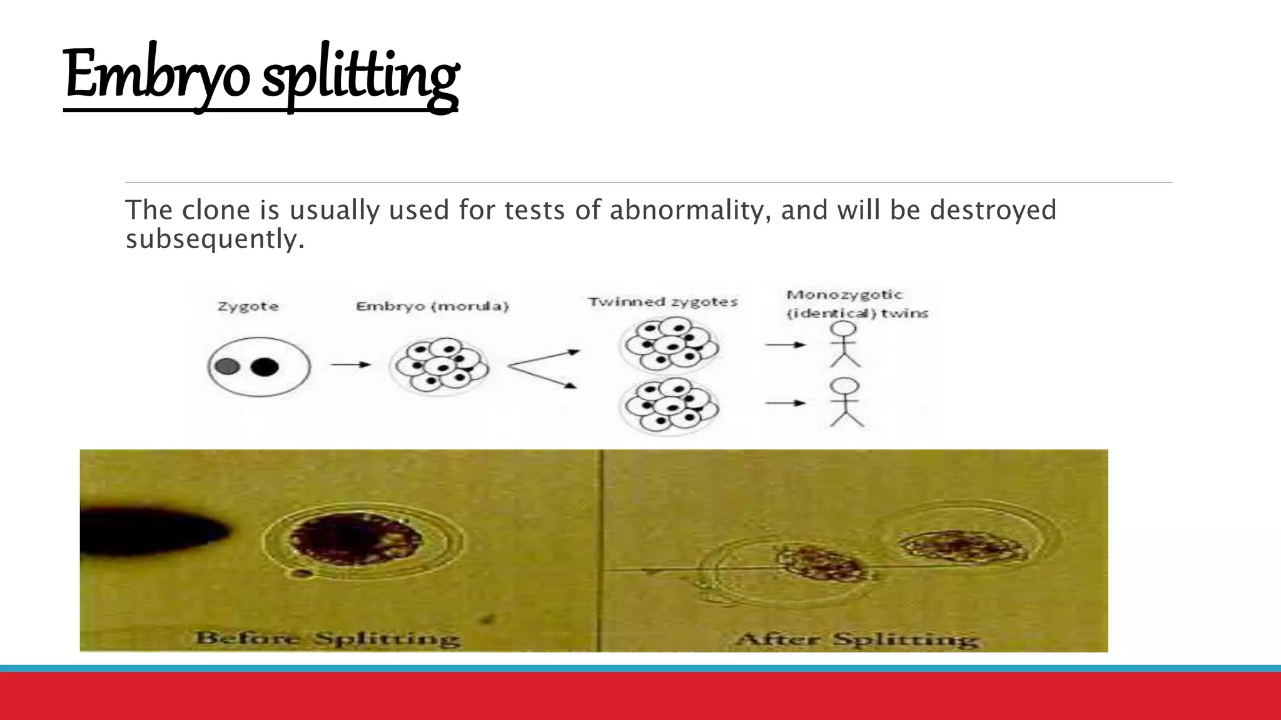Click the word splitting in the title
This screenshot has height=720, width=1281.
[360, 78]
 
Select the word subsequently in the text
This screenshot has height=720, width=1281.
[215, 239]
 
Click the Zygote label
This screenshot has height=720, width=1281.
[248, 306]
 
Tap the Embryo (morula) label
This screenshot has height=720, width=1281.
[432, 306]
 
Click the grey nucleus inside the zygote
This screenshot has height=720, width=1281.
[226, 366]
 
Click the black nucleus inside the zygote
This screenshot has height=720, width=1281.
[265, 366]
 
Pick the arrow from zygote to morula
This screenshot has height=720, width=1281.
[351, 364]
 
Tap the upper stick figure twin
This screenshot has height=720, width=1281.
[845, 344]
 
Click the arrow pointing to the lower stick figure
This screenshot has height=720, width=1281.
[786, 403]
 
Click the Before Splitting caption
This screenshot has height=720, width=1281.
[328, 638]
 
